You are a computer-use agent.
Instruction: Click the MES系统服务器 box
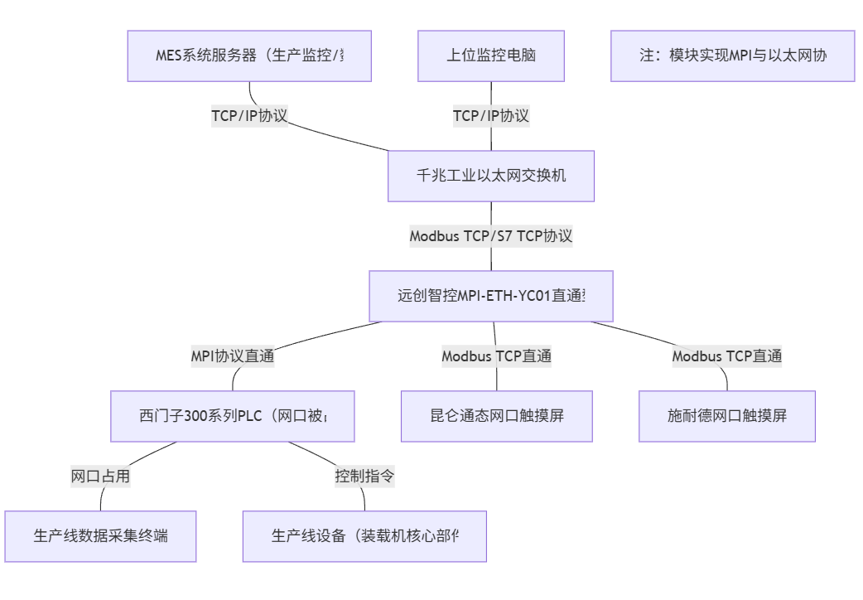249,56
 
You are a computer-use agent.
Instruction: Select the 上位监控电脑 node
490,56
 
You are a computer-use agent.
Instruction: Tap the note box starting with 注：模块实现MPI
732,56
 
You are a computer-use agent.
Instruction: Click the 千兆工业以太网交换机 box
491,176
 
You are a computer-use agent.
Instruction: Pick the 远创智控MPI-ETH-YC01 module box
491,296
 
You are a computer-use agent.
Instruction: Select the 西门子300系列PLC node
233,416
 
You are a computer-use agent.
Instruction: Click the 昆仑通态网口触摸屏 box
497,416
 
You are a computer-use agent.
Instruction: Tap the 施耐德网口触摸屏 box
727,416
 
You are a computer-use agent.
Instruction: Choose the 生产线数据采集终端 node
101,536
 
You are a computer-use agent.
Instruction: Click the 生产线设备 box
364,536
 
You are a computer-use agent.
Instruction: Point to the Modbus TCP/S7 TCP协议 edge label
491,236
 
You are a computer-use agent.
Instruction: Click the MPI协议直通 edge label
233,356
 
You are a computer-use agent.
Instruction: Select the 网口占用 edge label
101,477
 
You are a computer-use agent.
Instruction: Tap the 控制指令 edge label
364,477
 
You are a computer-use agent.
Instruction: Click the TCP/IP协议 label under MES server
249,116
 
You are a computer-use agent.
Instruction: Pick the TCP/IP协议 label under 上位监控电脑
490,116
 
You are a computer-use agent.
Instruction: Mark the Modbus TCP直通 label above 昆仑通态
497,356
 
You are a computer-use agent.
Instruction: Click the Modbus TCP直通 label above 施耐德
727,356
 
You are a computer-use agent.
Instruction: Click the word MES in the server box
170,56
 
